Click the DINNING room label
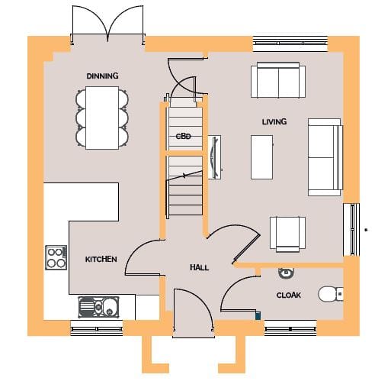coord(102,76)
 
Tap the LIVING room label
coord(274,121)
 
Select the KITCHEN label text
coord(101,260)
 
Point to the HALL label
coord(200,267)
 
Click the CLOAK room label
coord(289,295)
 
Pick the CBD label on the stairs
coord(184,137)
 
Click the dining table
coord(102,118)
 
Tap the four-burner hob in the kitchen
coord(56,257)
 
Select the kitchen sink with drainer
coord(98,307)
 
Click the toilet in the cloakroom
coord(331,294)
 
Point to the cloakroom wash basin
coord(286,273)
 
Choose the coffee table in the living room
coord(261,157)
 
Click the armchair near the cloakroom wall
coord(287,234)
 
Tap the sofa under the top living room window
coord(278,80)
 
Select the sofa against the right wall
coord(325,157)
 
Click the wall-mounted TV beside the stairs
coord(214,157)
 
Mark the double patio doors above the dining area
coord(107,24)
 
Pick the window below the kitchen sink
coord(96,328)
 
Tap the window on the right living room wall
coord(351,230)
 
